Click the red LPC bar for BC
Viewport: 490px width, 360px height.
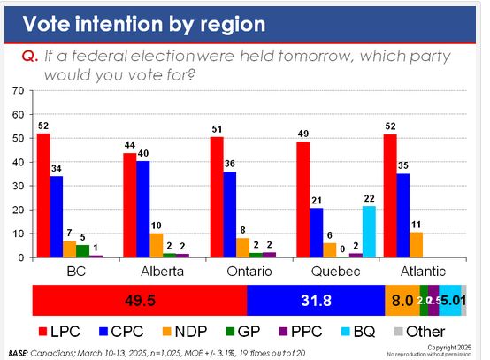[43, 195]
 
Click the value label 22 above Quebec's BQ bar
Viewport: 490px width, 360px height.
[369, 199]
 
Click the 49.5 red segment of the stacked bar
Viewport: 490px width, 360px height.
[139, 301]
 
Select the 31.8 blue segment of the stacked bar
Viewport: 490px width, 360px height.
[315, 301]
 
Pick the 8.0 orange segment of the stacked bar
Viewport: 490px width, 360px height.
[402, 301]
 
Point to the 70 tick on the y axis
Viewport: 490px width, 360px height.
[18, 91]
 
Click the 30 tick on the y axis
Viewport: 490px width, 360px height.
[18, 186]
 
